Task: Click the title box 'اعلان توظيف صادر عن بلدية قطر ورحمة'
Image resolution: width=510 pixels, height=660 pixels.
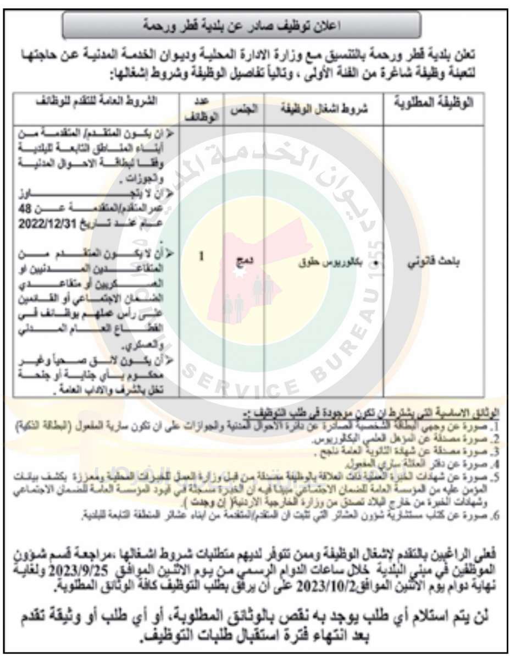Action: pos(242,25)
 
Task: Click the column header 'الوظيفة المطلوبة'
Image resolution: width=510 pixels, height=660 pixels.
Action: pos(441,105)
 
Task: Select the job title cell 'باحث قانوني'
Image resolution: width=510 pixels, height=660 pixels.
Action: pos(441,263)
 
